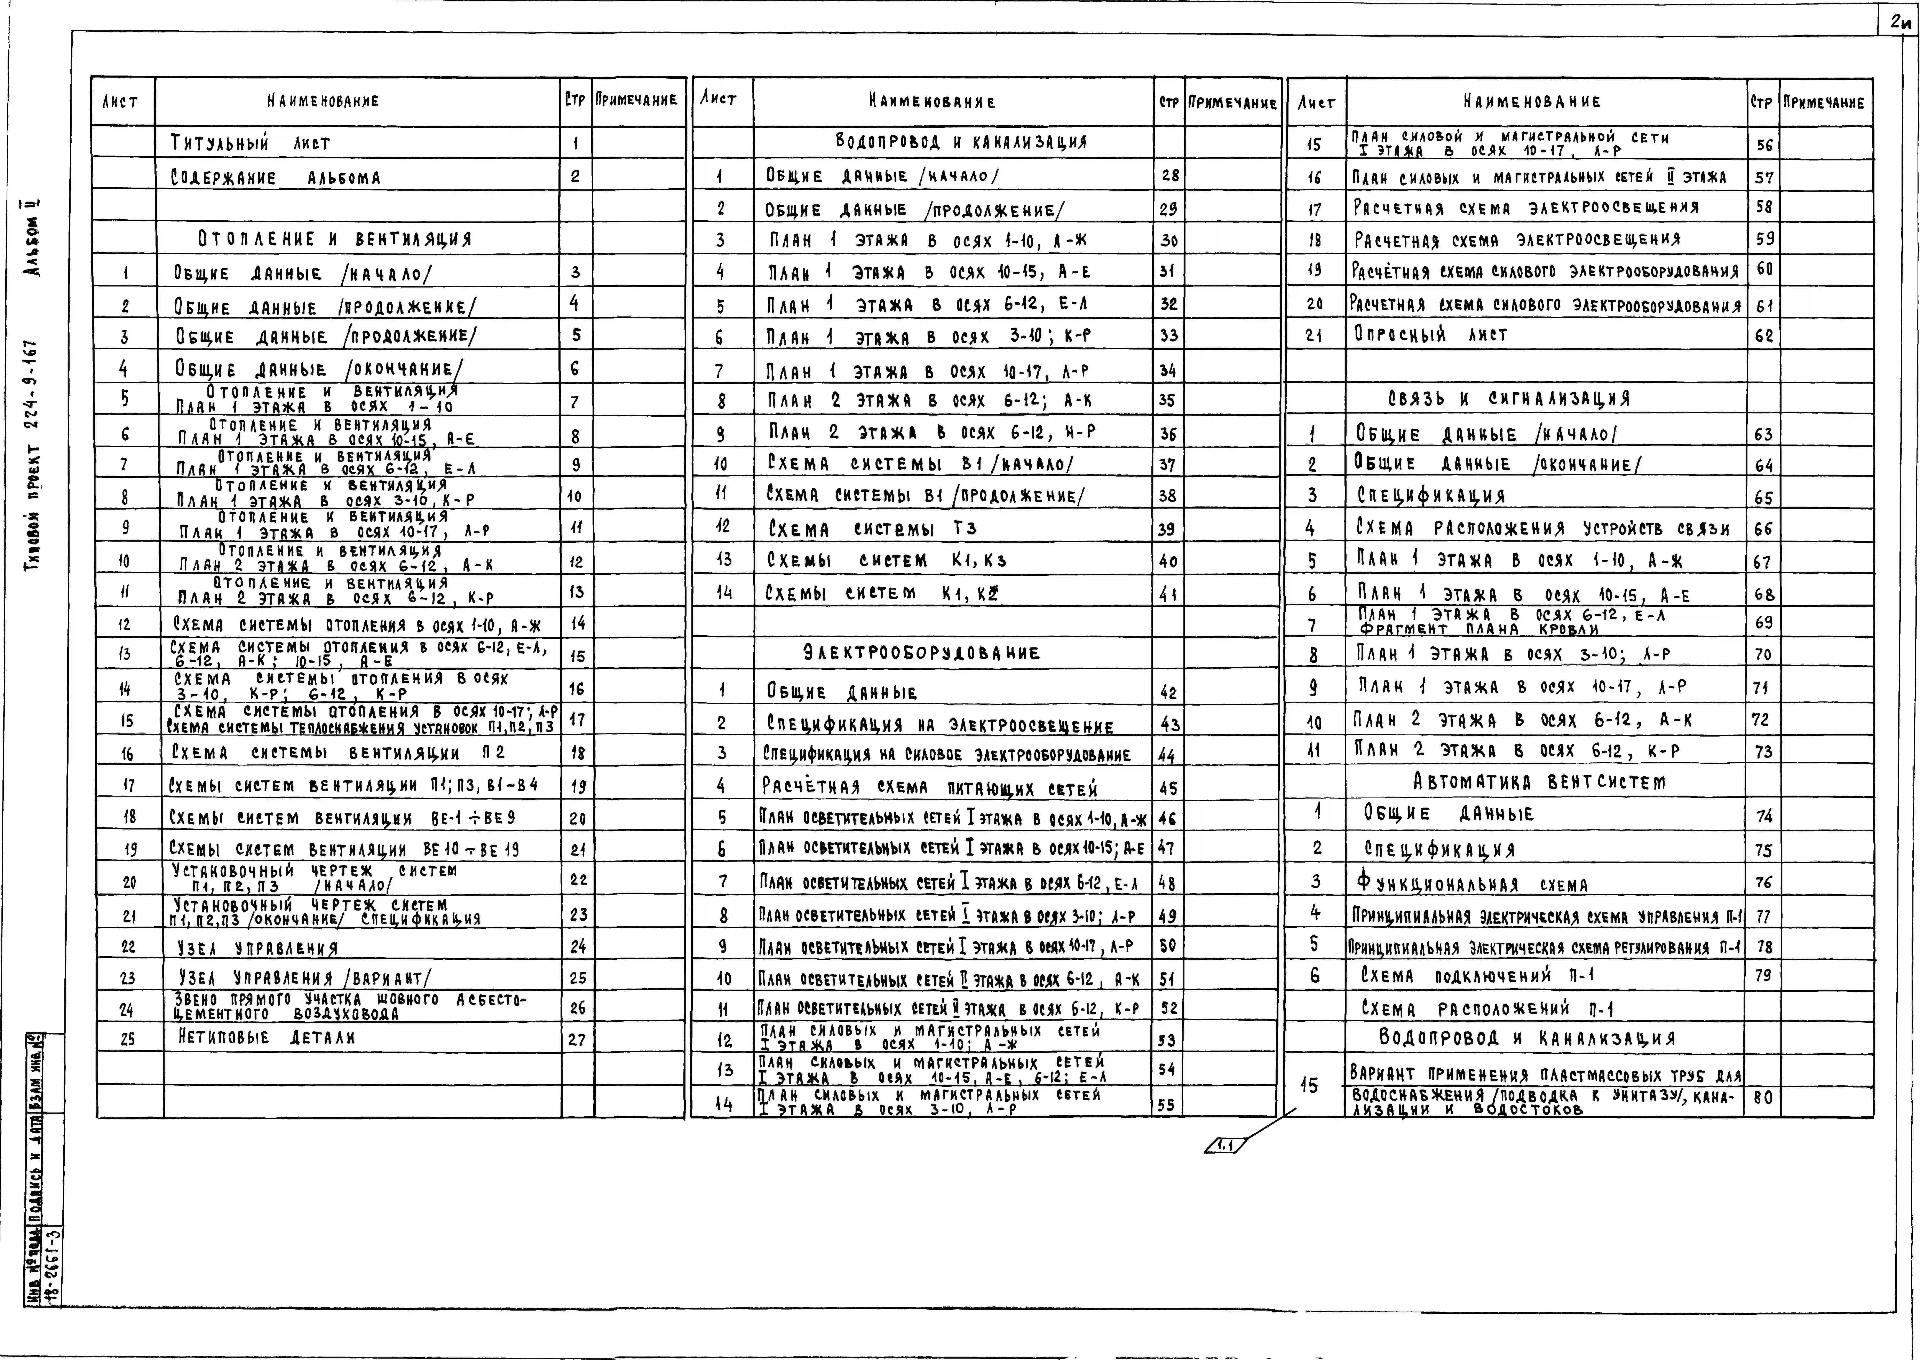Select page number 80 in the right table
point(1763,1097)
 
